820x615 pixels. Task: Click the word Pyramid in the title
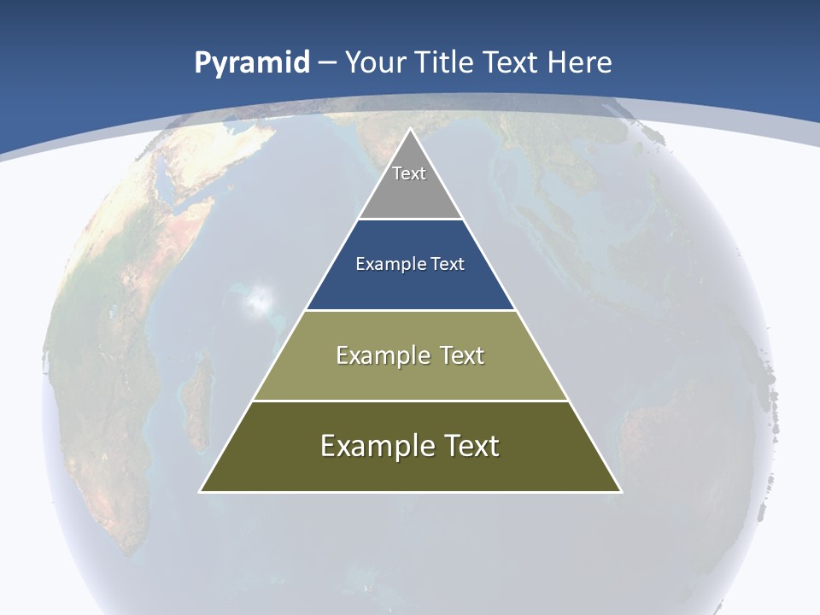[251, 63]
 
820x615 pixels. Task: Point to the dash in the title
[327, 63]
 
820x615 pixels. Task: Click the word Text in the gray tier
[409, 173]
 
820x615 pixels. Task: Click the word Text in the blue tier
[448, 264]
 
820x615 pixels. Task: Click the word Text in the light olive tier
[461, 355]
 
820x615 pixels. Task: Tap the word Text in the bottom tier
[471, 446]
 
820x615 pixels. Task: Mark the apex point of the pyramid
[410, 130]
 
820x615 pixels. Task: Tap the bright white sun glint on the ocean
[260, 298]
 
